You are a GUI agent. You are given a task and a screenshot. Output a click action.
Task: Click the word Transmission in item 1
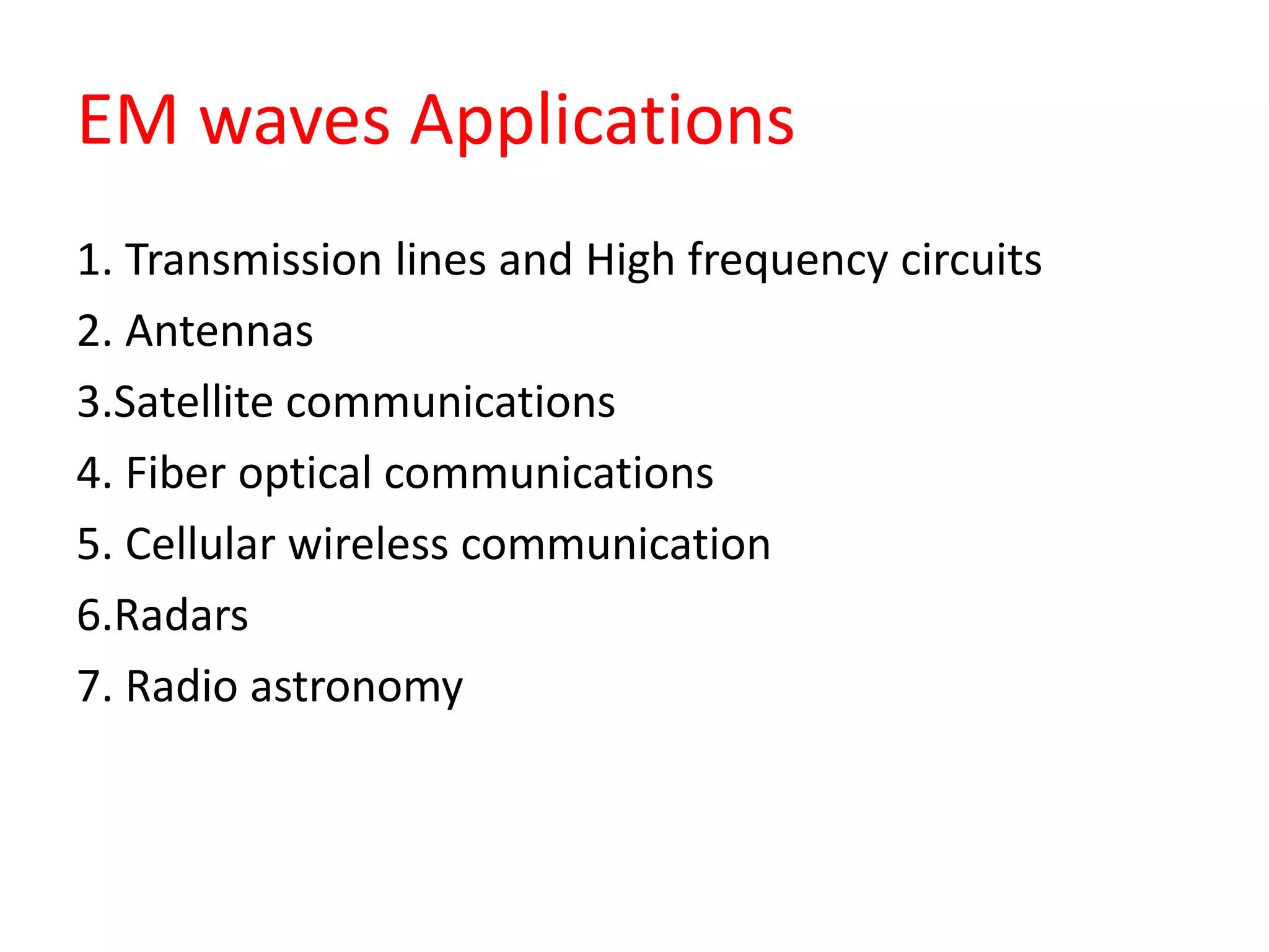click(x=253, y=260)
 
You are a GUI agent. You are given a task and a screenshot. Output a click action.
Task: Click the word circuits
click(x=971, y=260)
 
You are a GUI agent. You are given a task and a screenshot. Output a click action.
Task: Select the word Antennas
click(x=219, y=331)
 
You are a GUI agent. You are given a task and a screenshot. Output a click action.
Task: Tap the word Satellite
click(x=193, y=402)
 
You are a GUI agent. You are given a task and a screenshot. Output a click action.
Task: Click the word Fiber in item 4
click(x=175, y=474)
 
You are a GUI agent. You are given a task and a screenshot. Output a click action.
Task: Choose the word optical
click(x=305, y=475)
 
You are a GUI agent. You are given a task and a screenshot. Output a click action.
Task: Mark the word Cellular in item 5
click(x=200, y=544)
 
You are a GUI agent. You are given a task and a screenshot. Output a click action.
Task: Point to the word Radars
click(x=181, y=615)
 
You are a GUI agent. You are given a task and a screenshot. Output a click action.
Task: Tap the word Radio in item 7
click(x=182, y=686)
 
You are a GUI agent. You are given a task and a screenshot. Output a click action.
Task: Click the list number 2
click(x=89, y=331)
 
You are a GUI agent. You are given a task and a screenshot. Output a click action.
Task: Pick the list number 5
click(x=89, y=544)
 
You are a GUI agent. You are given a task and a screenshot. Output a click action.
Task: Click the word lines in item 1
click(x=441, y=260)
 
